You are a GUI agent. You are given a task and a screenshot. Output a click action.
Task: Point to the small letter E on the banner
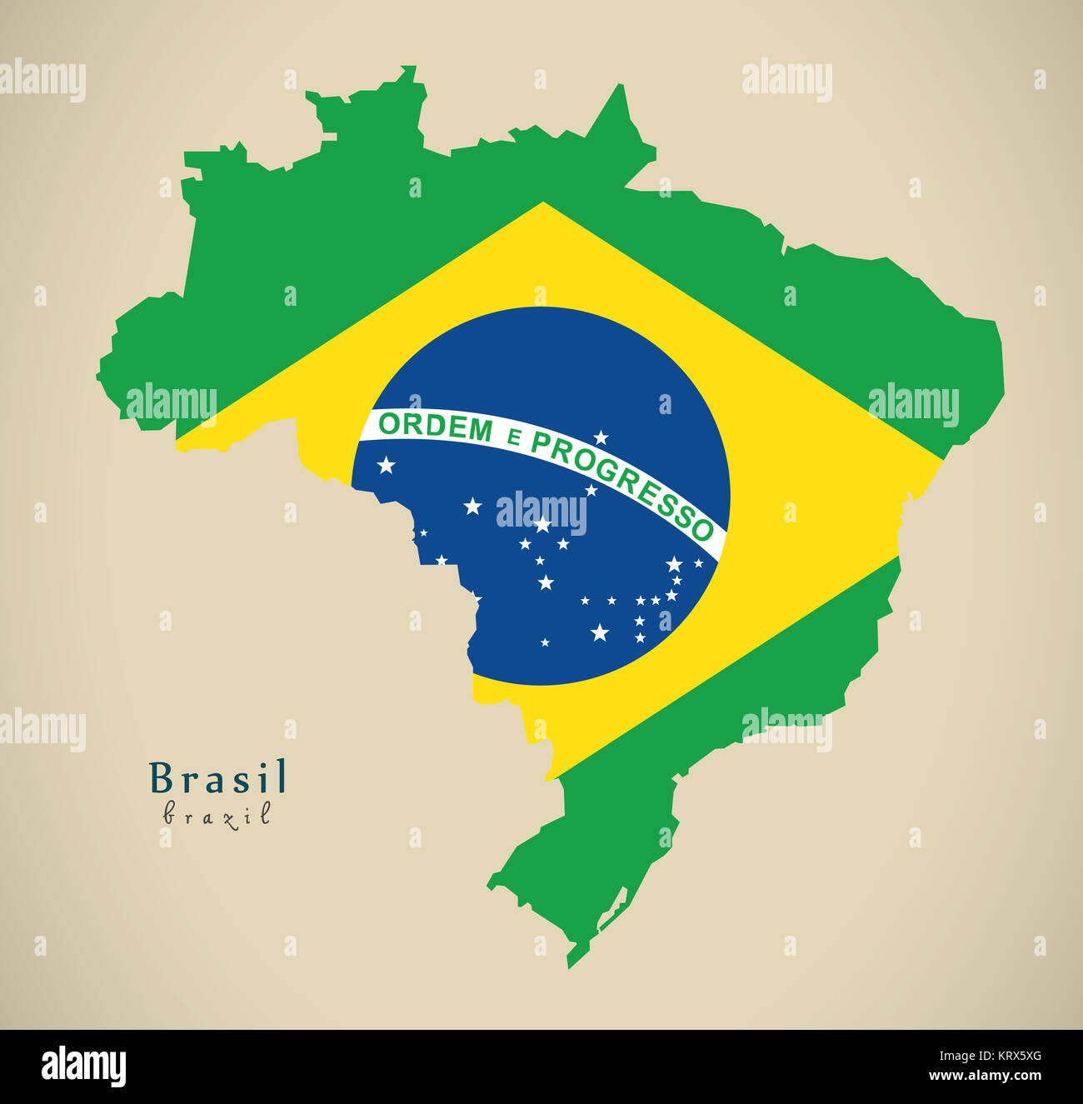tap(513, 437)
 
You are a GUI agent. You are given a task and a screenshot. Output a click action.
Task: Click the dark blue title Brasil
tap(218, 778)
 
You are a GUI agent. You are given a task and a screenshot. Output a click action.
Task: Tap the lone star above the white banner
tap(601, 437)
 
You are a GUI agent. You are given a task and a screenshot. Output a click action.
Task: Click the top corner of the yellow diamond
tap(543, 204)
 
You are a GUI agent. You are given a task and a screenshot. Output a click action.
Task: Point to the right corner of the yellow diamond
tap(941, 457)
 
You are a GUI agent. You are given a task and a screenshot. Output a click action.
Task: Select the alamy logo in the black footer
tap(83, 1067)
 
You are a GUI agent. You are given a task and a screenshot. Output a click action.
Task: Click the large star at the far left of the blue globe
tap(386, 465)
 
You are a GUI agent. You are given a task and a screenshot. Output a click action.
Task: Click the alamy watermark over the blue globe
tap(541, 512)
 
